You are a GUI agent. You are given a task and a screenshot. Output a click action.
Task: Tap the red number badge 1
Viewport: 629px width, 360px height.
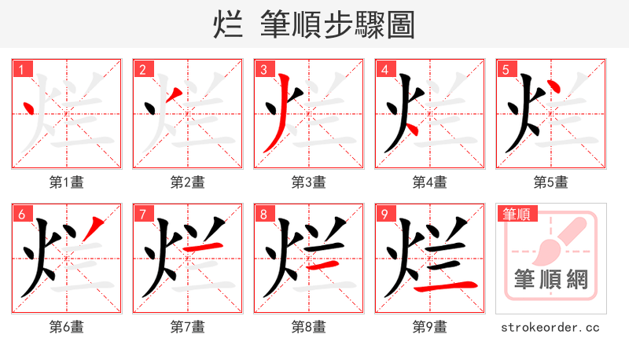pos(22,70)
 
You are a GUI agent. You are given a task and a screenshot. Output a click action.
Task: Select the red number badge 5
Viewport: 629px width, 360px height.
pos(506,70)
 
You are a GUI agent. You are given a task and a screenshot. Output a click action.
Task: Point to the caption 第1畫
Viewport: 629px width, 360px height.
pos(67,182)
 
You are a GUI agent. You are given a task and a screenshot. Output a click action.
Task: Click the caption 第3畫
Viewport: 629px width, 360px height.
pos(309,182)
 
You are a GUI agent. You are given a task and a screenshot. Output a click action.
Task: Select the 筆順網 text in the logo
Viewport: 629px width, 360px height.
pos(550,279)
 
